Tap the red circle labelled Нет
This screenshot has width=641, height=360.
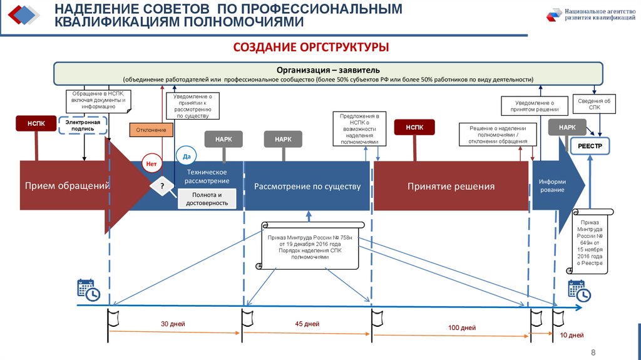coord(151,163)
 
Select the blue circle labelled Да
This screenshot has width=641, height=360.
coord(187,155)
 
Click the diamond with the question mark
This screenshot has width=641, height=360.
coord(162,186)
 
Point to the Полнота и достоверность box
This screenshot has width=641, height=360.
coord(205,199)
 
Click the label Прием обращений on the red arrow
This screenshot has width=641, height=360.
coord(63,186)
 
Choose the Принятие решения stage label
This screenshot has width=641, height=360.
coord(451,186)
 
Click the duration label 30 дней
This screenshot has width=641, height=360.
coord(173,324)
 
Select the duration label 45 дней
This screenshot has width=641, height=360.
coord(307,324)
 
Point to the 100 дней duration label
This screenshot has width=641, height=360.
coord(462,327)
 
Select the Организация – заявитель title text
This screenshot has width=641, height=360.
coord(328,69)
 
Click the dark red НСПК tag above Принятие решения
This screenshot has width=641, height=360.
coord(414,127)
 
